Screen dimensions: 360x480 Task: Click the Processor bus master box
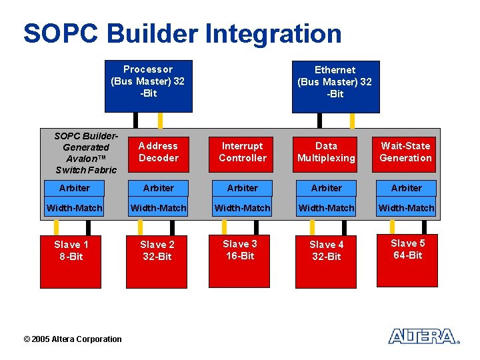coord(148,86)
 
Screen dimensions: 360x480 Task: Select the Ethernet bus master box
coord(335,86)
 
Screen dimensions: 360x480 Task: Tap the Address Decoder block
coord(159,152)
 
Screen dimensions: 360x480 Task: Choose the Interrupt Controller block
coord(243,152)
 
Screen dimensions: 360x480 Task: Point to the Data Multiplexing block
coord(326,152)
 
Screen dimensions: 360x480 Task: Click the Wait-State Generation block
coord(405,152)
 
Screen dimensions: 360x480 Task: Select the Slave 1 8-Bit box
coord(71,259)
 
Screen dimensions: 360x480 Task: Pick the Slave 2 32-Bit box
coord(157,259)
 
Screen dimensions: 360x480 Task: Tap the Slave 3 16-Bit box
coord(240,259)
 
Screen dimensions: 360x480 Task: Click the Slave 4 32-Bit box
coord(326,259)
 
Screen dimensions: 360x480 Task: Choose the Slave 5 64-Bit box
coord(407,259)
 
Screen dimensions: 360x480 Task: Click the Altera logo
coord(424,336)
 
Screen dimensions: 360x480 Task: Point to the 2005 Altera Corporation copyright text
coord(73,339)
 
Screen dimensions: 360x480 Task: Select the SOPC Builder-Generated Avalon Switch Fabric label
coord(85,153)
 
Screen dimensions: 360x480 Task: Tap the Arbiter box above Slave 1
coord(75,188)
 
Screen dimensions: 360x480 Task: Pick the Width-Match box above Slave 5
coord(406,208)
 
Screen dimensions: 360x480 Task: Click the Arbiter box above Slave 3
coord(243,188)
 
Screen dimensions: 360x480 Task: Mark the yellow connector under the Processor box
coord(160,120)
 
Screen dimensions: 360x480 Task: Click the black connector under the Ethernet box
coord(319,120)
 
